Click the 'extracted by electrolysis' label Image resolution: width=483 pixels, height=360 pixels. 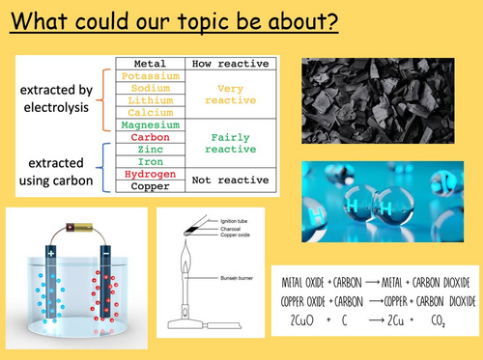click(x=62, y=100)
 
